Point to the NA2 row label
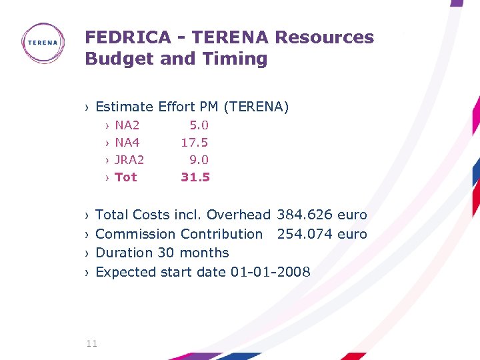[x=127, y=125]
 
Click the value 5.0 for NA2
[x=199, y=125]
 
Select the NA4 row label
[x=127, y=142]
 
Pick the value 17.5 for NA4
[x=195, y=142]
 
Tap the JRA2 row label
[x=129, y=159]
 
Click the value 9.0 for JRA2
[x=199, y=159]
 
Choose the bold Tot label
[x=125, y=177]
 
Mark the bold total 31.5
[x=195, y=177]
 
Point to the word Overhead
[x=238, y=215]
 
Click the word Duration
[x=125, y=253]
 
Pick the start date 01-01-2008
[x=270, y=272]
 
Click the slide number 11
[x=91, y=343]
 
